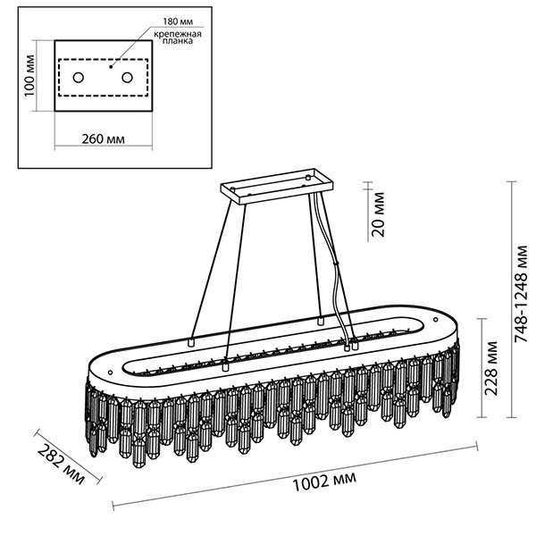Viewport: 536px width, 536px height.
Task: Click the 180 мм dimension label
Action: [x=178, y=21]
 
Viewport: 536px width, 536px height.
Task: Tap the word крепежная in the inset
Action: [x=178, y=34]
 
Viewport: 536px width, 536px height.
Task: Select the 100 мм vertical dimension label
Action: [x=29, y=76]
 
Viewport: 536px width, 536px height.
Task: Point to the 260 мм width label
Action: [x=104, y=139]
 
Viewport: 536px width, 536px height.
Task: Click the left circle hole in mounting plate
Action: [x=79, y=78]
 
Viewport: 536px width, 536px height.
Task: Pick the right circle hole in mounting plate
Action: [x=127, y=78]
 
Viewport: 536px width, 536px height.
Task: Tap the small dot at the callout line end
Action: [x=111, y=67]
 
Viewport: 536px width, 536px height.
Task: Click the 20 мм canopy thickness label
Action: [x=379, y=214]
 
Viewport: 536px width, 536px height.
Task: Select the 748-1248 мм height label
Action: [x=522, y=294]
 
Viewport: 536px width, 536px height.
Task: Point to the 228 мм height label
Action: [x=490, y=368]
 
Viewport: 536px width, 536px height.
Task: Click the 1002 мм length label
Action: [x=324, y=481]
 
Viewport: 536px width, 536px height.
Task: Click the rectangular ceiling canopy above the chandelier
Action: [x=277, y=187]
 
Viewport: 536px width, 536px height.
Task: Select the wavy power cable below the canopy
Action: [x=335, y=270]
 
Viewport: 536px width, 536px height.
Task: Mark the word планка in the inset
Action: [x=178, y=41]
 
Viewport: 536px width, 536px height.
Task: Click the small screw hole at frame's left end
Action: [x=110, y=372]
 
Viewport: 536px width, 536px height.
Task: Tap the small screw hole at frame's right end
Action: [x=436, y=320]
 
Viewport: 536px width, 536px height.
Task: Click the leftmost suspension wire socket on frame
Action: [x=191, y=341]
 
